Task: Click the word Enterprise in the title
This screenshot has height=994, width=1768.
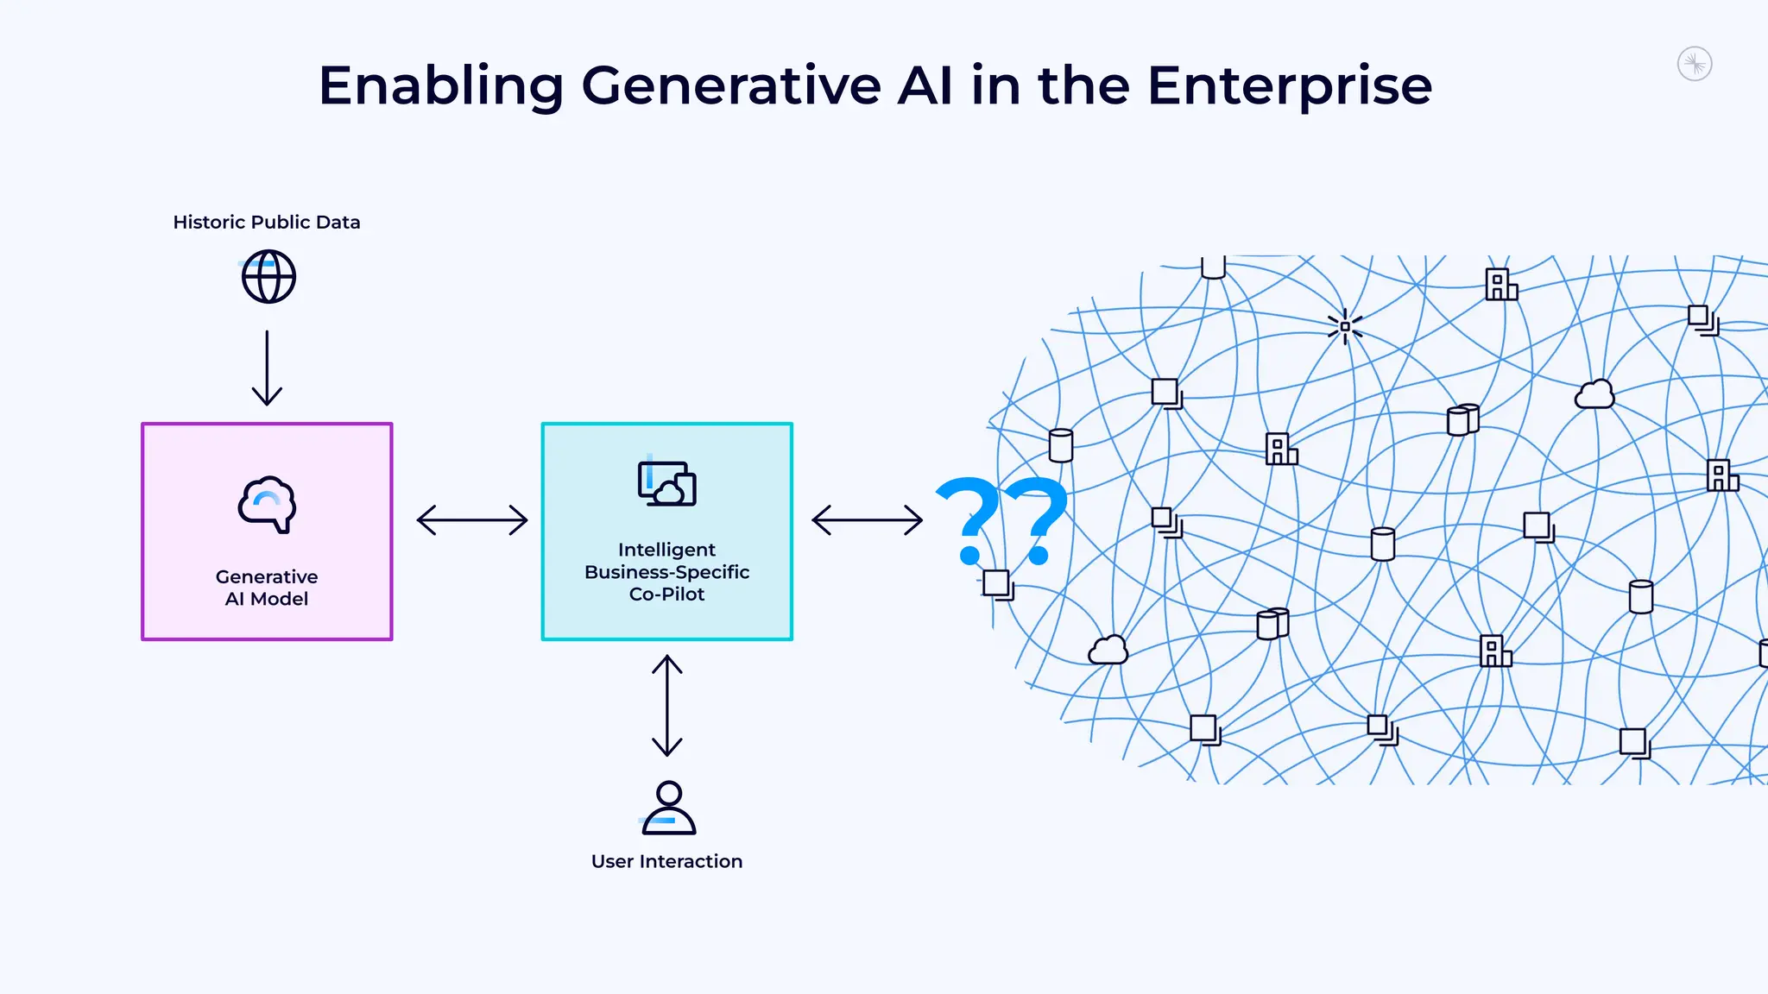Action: [1289, 86]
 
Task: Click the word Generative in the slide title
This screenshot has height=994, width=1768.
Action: [731, 86]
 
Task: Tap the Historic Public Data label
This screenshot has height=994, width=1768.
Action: [267, 223]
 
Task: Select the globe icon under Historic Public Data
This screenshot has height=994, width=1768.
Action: [268, 277]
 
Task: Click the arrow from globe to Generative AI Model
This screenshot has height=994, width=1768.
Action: [267, 368]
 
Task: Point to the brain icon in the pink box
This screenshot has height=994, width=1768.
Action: [268, 505]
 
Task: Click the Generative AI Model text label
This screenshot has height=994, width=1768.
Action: [267, 588]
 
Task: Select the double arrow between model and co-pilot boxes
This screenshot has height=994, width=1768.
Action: [472, 520]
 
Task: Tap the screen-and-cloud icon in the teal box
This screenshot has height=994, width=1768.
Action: [666, 484]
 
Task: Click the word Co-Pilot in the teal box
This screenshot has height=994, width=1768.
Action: [666, 595]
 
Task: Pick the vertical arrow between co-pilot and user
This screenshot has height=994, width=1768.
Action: [667, 706]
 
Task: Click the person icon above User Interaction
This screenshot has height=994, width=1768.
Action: [668, 808]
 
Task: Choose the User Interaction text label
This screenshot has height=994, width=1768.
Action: [666, 861]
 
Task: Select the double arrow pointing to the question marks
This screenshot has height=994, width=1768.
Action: [868, 520]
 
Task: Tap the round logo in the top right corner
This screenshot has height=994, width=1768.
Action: [1695, 64]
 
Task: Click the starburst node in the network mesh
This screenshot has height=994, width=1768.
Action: [1345, 327]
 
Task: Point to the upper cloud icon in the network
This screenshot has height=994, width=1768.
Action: [1594, 395]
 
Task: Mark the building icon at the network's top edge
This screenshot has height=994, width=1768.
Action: [1500, 285]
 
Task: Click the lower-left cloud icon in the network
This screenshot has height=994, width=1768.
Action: [1108, 650]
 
